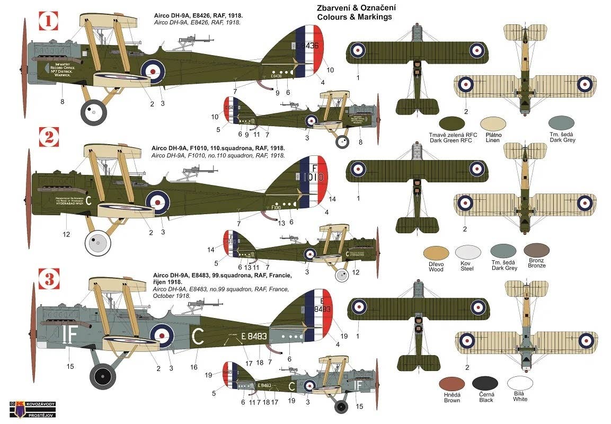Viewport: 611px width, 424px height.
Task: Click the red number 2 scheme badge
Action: coord(49,138)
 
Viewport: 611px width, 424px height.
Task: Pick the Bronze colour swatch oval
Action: coord(536,250)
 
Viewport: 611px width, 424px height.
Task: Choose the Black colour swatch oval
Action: coord(486,384)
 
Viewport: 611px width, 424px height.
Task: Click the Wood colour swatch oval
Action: coord(436,253)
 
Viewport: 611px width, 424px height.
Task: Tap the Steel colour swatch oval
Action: coord(467,252)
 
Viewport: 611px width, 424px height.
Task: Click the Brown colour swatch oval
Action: coord(452,384)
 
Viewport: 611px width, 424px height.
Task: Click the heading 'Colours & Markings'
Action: coord(355,17)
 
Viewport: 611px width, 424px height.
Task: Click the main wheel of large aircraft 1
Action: coord(94,111)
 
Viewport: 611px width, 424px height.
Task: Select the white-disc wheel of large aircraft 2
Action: coord(98,242)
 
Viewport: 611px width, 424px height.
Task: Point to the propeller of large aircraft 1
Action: coord(24,69)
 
